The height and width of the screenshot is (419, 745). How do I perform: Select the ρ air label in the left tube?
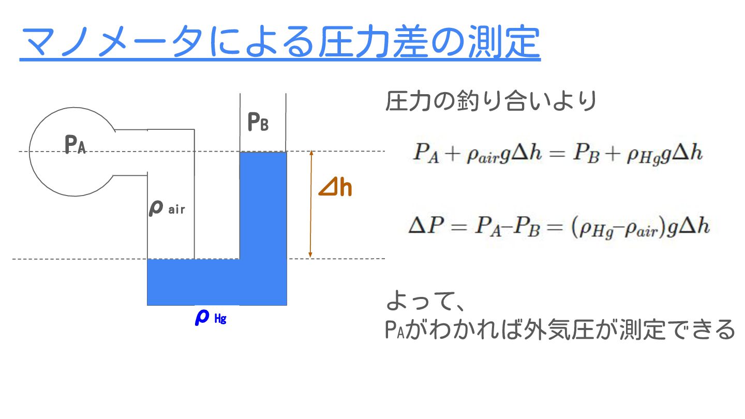[x=167, y=209]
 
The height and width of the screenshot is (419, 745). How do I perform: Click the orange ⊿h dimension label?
[x=335, y=189]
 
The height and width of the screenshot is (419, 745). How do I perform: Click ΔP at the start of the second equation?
[x=423, y=227]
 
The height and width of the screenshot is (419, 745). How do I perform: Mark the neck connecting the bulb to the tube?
[x=130, y=152]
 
